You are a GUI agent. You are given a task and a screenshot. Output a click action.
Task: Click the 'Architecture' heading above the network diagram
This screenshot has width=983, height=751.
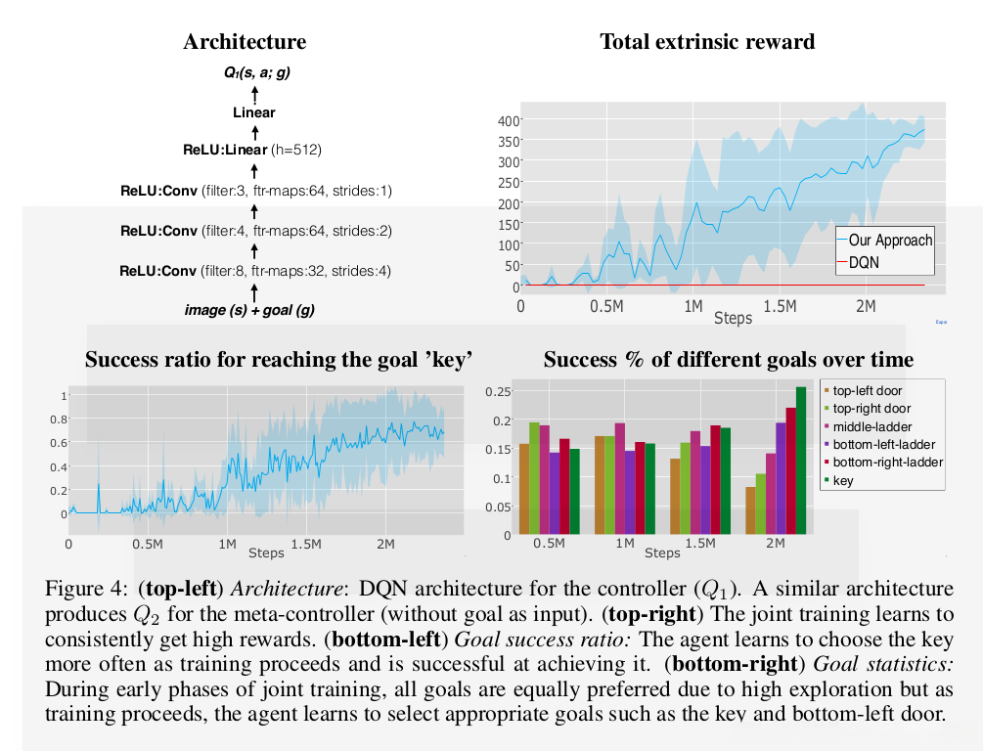tap(245, 41)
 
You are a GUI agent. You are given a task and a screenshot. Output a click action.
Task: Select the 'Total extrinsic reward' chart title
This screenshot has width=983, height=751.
tap(707, 41)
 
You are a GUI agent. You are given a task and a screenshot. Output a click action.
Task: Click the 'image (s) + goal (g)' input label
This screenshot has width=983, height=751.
tap(254, 310)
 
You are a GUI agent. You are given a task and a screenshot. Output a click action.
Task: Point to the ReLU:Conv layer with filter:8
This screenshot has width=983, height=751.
tap(254, 271)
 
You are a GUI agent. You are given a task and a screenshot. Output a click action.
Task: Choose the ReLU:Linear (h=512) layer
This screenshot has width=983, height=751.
tap(252, 151)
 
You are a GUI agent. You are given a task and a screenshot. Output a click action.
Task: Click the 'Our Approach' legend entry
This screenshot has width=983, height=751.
tap(889, 241)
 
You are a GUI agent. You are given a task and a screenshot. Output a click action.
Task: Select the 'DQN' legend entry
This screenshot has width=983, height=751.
tap(864, 262)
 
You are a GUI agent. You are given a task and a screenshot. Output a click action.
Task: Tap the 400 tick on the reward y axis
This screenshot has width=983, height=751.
tap(506, 120)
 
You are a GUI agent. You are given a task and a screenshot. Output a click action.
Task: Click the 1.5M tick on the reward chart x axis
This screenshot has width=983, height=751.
tap(780, 307)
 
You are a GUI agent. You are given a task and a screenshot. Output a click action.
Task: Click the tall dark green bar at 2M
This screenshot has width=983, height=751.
tap(801, 460)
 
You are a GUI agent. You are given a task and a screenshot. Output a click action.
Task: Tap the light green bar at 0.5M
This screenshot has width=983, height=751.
tap(534, 478)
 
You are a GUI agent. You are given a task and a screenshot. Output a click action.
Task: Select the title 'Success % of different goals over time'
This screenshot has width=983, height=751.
tap(728, 359)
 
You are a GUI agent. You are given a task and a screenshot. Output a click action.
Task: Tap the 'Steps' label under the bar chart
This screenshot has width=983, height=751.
tap(662, 553)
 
